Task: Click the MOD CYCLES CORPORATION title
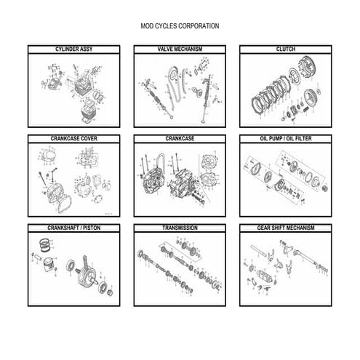click(180, 26)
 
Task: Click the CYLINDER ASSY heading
click(73, 49)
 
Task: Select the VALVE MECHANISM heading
click(180, 49)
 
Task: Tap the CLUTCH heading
click(285, 49)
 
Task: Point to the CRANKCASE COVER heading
click(73, 137)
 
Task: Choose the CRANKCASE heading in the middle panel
click(180, 137)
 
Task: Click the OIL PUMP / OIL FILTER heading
click(285, 137)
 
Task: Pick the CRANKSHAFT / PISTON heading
click(73, 228)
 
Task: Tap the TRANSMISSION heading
click(180, 228)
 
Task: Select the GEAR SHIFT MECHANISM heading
click(285, 228)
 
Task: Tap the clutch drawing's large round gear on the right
click(315, 95)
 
